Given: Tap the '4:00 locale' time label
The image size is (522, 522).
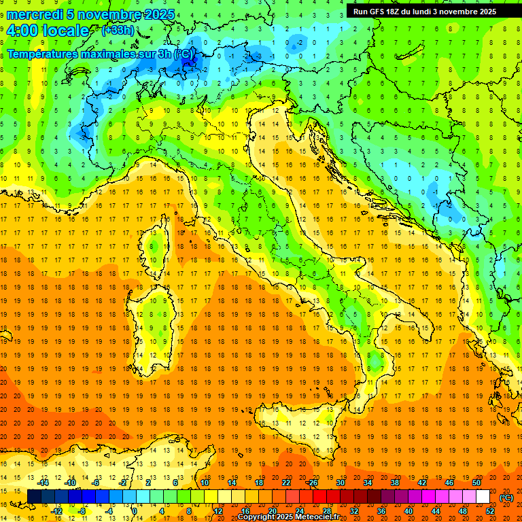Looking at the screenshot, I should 48,31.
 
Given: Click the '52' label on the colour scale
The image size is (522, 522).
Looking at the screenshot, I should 490,511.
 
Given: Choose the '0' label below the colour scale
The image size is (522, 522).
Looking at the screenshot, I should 134,511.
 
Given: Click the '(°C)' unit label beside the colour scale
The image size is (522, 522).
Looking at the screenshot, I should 506,498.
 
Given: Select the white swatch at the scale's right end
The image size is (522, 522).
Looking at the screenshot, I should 483,497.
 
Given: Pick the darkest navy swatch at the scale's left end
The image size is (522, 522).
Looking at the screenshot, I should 34,497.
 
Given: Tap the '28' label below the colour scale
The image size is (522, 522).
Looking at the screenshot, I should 326,511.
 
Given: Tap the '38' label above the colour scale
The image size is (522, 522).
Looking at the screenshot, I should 394,483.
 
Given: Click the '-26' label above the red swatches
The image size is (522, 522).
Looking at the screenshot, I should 312,483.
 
